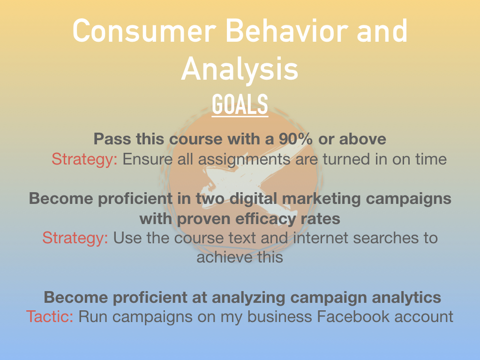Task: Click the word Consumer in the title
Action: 144,30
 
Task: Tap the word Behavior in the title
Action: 287,30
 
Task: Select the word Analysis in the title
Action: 240,69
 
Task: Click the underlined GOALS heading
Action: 240,105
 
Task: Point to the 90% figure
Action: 295,139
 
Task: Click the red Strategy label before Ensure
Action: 84,159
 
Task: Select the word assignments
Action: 244,159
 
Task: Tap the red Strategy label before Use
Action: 75,238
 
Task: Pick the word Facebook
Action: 352,316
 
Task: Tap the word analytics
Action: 406,298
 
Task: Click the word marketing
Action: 322,199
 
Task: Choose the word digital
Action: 254,199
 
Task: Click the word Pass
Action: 112,139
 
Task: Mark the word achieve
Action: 225,257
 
